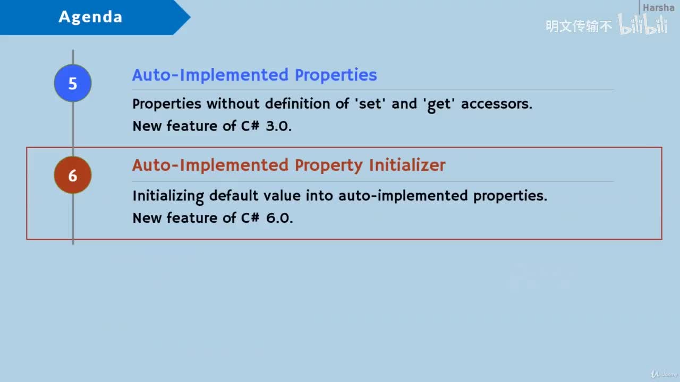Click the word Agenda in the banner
tap(90, 17)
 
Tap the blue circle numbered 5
tap(73, 83)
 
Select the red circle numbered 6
tap(73, 175)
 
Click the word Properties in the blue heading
tap(336, 75)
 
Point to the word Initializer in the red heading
tap(407, 166)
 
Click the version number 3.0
tap(279, 126)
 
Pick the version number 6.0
tap(279, 218)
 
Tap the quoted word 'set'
tap(370, 104)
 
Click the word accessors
tap(497, 104)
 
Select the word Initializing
tap(168, 196)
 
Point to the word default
tap(233, 196)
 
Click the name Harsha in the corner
tap(658, 7)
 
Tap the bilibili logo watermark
tap(643, 24)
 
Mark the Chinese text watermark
tap(579, 26)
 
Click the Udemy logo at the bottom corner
tap(664, 374)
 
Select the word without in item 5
tap(233, 104)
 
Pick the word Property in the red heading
tap(329, 166)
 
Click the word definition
tap(297, 103)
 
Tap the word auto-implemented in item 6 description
tap(403, 196)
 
